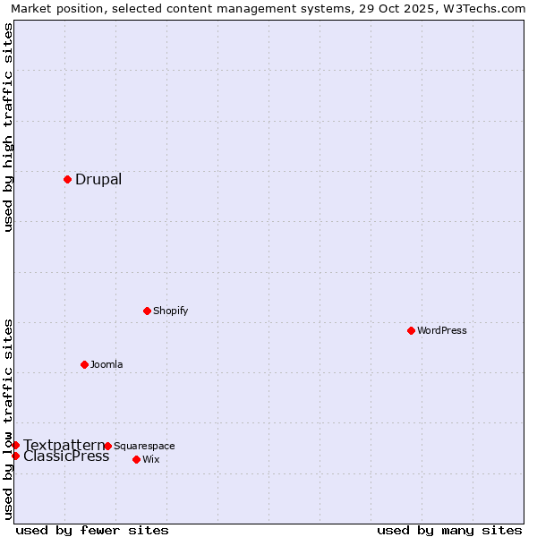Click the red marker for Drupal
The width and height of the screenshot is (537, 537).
coord(67,179)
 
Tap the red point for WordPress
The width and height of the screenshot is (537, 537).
coord(411,330)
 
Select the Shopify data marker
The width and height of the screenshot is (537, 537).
coord(147,311)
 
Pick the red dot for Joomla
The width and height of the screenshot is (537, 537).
coord(84,364)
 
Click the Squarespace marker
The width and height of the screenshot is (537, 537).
coord(107,446)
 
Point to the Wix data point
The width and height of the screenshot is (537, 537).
coord(136,459)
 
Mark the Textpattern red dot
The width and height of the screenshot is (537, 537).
coord(15,445)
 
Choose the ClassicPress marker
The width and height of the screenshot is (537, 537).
coord(15,456)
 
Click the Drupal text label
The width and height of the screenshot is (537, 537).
coord(98,179)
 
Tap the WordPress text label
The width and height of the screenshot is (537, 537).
coord(442,330)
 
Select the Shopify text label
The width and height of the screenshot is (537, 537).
coord(170,311)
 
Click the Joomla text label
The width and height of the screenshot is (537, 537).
coord(107,364)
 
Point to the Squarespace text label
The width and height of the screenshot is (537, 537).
coord(144,446)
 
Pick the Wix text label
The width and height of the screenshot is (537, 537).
coord(150,459)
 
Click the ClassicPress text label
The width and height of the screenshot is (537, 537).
coord(66,456)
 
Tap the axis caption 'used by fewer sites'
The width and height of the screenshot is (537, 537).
coord(92,530)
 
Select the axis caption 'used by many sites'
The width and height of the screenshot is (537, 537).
coord(449,530)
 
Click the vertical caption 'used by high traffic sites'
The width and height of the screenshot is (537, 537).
coord(8,127)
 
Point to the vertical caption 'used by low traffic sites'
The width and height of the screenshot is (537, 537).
coord(8,419)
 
